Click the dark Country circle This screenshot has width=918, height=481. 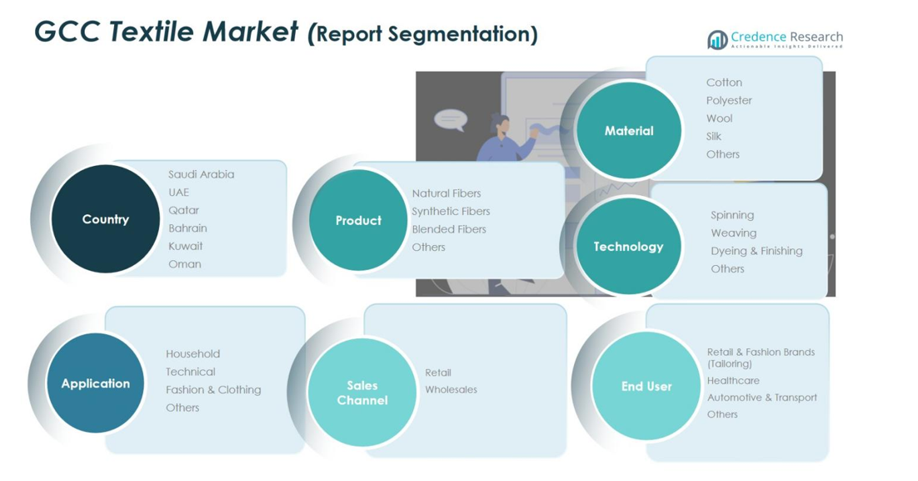[x=105, y=219]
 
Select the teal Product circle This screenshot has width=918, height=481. [x=358, y=221]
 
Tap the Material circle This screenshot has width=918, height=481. [x=629, y=131]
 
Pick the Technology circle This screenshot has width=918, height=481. [x=628, y=247]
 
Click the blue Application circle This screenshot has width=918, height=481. [x=96, y=383]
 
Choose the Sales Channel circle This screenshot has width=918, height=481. [x=362, y=393]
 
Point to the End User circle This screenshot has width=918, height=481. [x=646, y=386]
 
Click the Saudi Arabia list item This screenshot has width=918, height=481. [x=201, y=174]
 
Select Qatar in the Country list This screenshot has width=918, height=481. [x=183, y=210]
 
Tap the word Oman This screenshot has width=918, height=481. [x=184, y=264]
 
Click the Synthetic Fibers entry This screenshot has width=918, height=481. [x=451, y=212]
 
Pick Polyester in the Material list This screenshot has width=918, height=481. [x=729, y=101]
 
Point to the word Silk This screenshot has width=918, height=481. [x=714, y=137]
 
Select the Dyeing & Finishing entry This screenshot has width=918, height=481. [x=756, y=251]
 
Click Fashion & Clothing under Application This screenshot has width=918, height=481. [x=213, y=390]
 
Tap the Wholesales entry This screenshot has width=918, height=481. [x=451, y=390]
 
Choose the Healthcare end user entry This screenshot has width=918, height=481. [x=733, y=381]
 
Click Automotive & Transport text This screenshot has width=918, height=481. [x=761, y=398]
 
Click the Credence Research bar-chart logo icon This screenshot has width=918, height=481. [x=717, y=39]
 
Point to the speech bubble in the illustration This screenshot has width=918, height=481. [x=450, y=120]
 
